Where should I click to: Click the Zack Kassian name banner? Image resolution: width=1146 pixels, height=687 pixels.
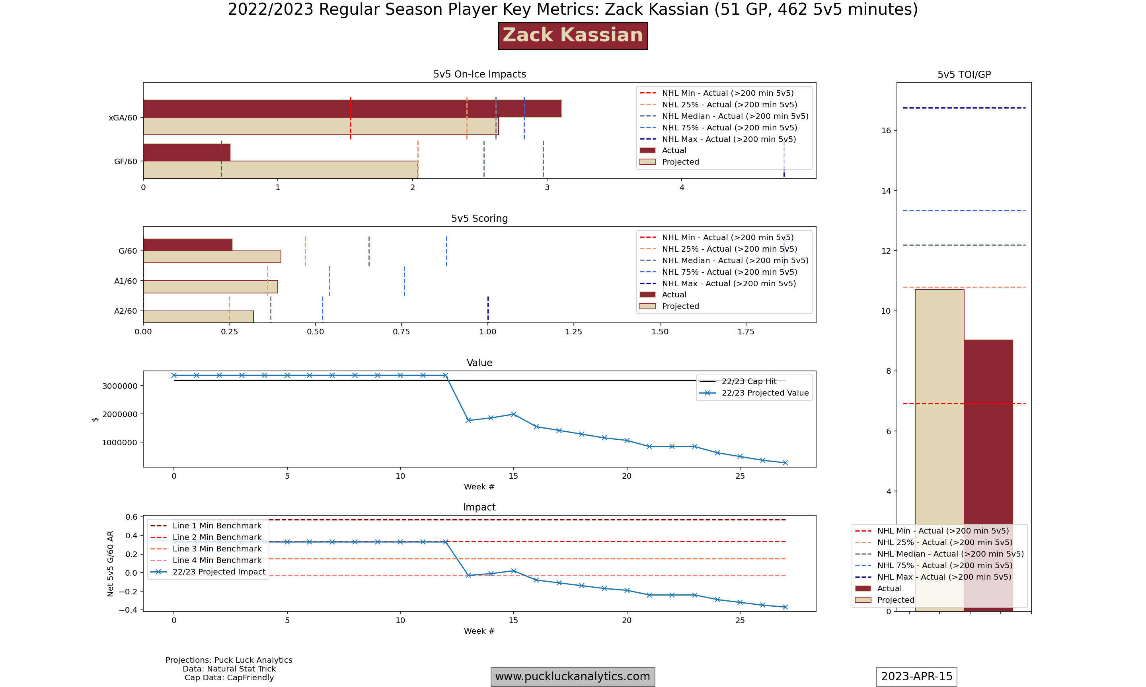tap(573, 36)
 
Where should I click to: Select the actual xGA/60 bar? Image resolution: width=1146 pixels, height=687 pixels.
tap(352, 109)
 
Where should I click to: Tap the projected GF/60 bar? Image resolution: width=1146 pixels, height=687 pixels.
tap(280, 170)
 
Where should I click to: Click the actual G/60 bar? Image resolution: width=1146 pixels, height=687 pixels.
tap(187, 245)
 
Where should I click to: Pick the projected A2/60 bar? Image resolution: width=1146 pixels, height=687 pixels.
tap(198, 316)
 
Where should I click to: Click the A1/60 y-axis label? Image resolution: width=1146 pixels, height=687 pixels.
tap(125, 281)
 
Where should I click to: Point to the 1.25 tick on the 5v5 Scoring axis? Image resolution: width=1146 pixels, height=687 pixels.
tap(573, 332)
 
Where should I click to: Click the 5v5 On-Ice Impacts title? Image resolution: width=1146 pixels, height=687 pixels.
tap(479, 74)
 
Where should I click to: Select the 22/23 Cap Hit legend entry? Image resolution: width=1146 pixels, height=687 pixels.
tap(748, 381)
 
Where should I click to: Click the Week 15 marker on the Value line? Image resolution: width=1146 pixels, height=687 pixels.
tap(513, 414)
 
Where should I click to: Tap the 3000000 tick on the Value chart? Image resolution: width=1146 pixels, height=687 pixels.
tap(119, 386)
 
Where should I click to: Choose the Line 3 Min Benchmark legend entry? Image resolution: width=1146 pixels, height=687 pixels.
tap(217, 549)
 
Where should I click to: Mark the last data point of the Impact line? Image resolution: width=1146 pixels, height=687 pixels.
tap(785, 607)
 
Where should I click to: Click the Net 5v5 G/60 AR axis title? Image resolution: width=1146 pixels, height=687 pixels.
tap(110, 563)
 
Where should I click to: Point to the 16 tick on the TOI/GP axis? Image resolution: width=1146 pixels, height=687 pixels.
tap(886, 130)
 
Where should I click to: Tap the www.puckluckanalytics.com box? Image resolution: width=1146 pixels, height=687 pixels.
tap(573, 677)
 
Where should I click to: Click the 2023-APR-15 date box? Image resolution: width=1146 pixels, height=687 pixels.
tap(916, 677)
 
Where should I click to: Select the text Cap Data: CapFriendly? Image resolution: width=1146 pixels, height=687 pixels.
tap(229, 678)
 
